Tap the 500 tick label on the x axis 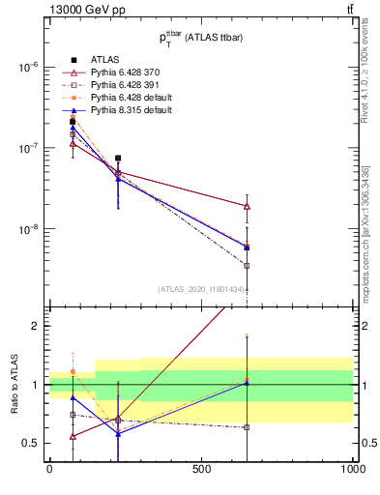click(x=201, y=470)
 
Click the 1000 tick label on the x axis click(x=352, y=470)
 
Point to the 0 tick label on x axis click(x=49, y=470)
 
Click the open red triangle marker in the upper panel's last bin click(x=247, y=206)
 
